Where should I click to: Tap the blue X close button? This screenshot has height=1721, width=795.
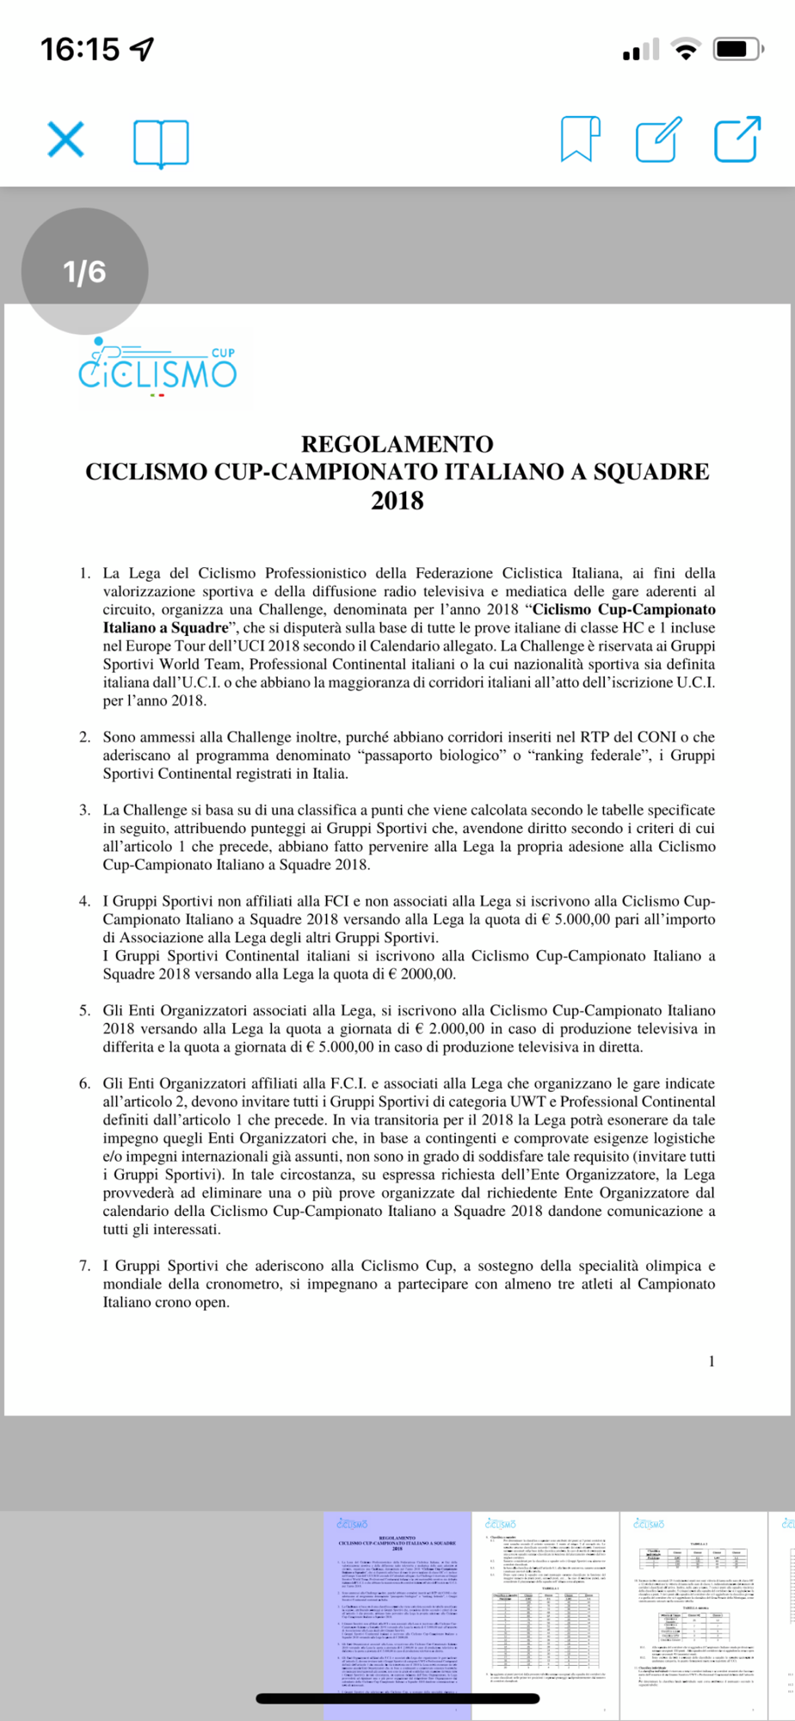[x=65, y=139]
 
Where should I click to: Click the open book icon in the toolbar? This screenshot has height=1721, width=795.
[x=161, y=142]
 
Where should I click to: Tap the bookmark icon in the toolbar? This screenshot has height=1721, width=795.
[x=580, y=139]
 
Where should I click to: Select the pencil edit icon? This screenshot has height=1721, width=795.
[x=658, y=139]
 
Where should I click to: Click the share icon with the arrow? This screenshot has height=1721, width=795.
[x=737, y=139]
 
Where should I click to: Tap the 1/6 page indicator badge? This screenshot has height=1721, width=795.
[x=84, y=272]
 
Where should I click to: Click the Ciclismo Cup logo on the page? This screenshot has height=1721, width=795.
[x=157, y=368]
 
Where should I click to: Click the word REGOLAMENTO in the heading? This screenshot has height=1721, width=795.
[x=397, y=444]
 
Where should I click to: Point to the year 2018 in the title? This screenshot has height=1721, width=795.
[x=397, y=501]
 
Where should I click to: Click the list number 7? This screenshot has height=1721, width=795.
[x=84, y=1266]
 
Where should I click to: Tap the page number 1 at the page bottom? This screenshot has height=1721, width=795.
[x=712, y=1360]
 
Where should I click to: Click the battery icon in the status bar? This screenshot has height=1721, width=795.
[x=737, y=49]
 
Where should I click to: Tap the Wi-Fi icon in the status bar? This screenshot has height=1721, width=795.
[x=686, y=49]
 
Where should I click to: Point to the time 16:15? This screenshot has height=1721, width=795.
[x=80, y=49]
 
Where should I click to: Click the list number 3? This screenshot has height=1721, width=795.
[x=84, y=810]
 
